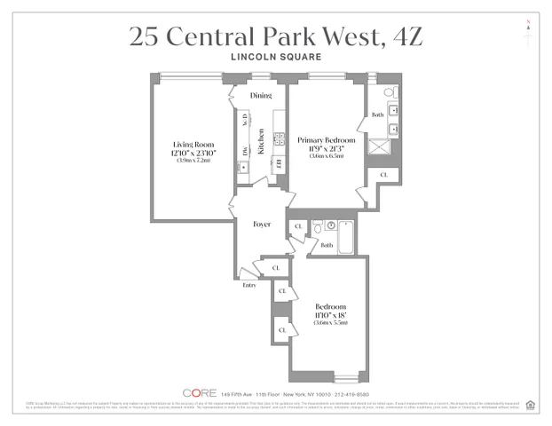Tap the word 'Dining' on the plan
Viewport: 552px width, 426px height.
click(x=260, y=95)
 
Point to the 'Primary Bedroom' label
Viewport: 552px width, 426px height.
click(x=327, y=140)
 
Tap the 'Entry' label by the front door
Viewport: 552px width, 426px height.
click(x=249, y=285)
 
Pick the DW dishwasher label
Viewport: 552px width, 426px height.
click(x=243, y=151)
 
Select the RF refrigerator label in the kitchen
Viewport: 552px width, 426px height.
click(x=278, y=163)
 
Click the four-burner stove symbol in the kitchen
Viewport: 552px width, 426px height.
click(x=278, y=138)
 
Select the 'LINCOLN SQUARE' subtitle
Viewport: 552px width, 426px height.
click(x=275, y=58)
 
